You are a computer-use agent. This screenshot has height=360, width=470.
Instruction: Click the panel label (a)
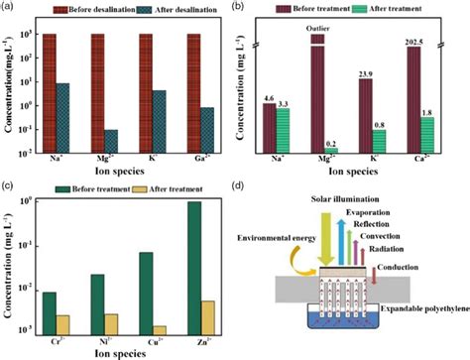[9, 7]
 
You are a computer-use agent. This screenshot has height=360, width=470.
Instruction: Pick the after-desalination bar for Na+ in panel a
[62, 117]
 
